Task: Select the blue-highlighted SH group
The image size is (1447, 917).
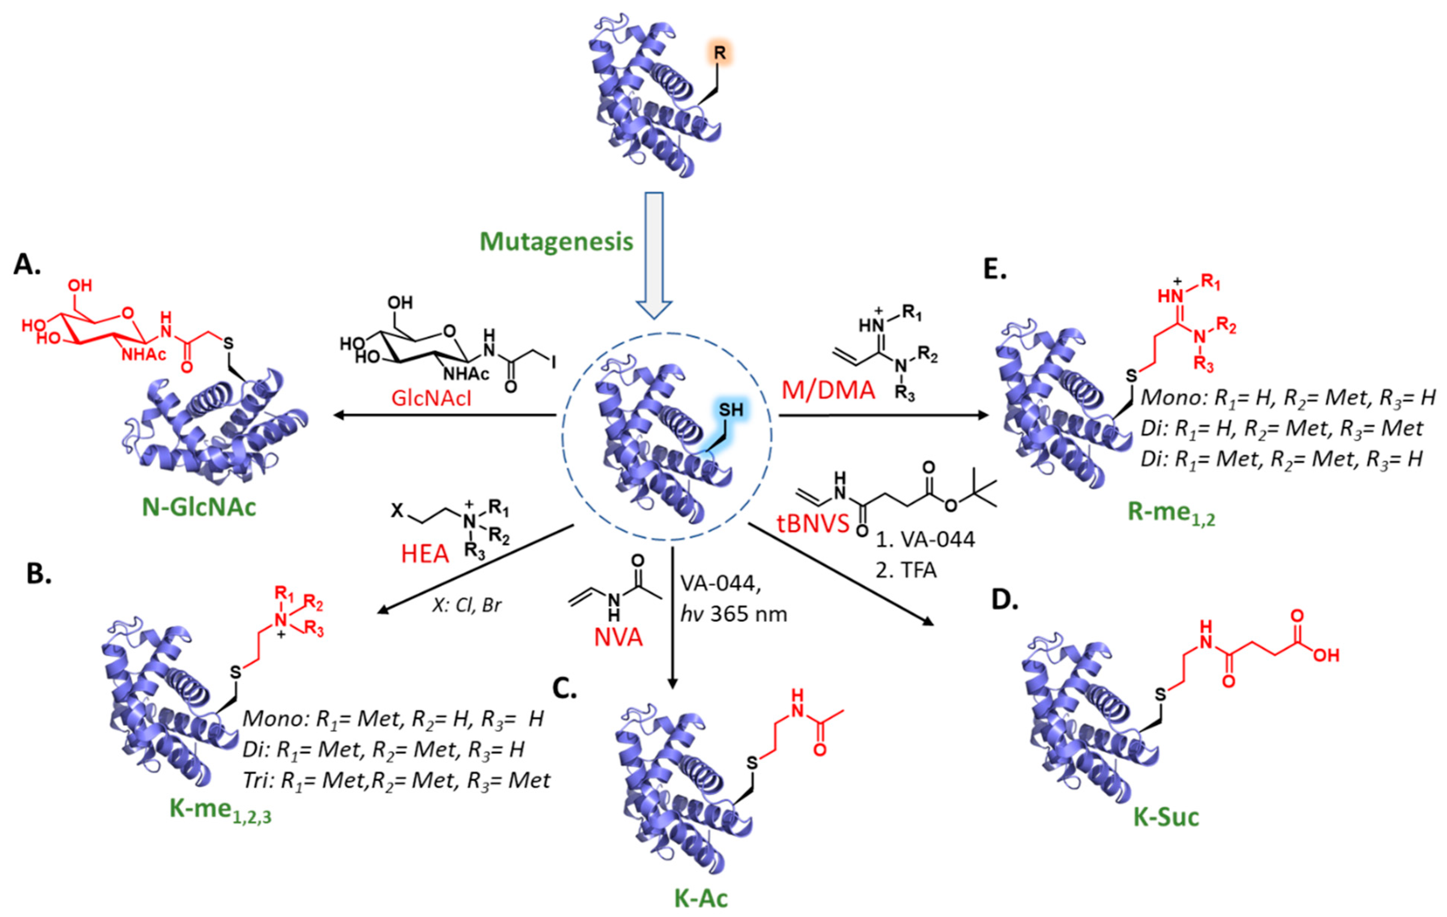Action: [x=731, y=410]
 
